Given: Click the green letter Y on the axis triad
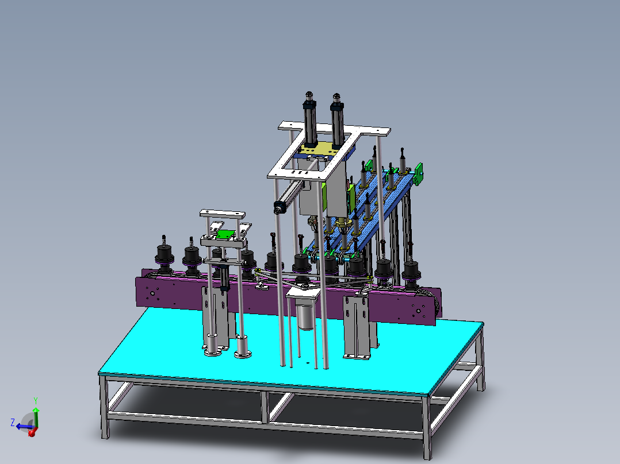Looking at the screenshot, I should tap(36, 400).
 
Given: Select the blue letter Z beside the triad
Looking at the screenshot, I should tap(13, 422).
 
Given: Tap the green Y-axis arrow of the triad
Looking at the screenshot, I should tap(36, 415).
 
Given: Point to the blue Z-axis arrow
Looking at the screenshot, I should tap(23, 426).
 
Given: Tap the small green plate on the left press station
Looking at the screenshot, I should tap(225, 234).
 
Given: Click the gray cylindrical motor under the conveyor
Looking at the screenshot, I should tap(305, 315).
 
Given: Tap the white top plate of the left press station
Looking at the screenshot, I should tap(222, 214).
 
